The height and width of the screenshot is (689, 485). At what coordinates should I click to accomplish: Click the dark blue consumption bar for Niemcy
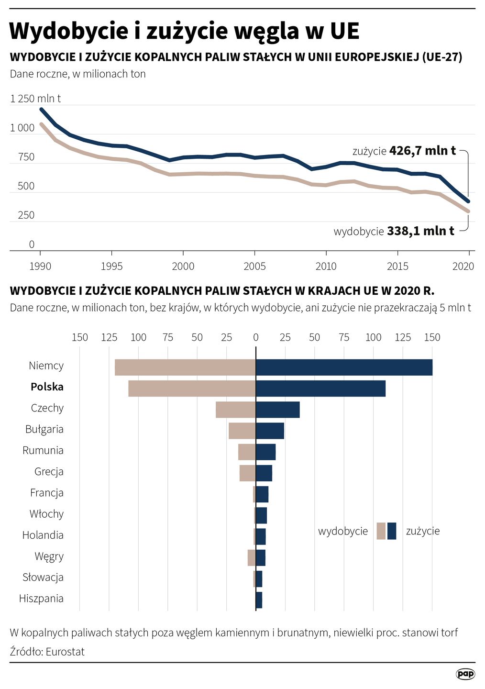click(344, 367)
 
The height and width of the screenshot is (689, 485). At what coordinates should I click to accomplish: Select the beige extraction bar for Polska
click(192, 389)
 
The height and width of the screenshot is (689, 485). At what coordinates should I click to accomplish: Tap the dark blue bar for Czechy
click(277, 410)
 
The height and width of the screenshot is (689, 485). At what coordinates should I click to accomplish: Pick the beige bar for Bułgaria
click(242, 431)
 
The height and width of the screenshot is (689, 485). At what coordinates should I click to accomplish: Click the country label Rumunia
click(43, 450)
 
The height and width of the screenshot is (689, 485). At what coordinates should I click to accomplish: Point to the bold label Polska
click(47, 387)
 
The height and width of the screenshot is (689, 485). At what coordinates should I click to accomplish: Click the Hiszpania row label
click(41, 598)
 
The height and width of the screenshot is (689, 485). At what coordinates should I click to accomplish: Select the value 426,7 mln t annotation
click(422, 151)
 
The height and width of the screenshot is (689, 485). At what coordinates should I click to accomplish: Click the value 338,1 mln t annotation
click(420, 231)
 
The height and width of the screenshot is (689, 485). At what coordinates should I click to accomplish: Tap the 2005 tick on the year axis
click(254, 266)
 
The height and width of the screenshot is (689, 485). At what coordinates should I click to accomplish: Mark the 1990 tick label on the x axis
click(40, 266)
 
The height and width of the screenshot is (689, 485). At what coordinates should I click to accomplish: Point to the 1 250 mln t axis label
click(35, 99)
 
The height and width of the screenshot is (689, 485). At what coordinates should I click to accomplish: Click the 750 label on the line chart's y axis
click(26, 157)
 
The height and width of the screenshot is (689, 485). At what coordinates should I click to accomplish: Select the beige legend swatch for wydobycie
click(381, 531)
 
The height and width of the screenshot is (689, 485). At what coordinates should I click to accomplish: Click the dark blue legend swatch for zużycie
click(392, 531)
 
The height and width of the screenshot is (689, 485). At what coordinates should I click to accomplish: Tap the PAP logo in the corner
click(465, 674)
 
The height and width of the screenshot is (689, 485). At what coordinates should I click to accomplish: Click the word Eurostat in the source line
click(65, 652)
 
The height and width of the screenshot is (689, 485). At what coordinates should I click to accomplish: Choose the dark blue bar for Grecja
click(264, 473)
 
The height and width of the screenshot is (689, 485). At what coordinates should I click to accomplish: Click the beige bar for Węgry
click(252, 558)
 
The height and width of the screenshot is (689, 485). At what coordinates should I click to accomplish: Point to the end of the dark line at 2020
click(468, 201)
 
